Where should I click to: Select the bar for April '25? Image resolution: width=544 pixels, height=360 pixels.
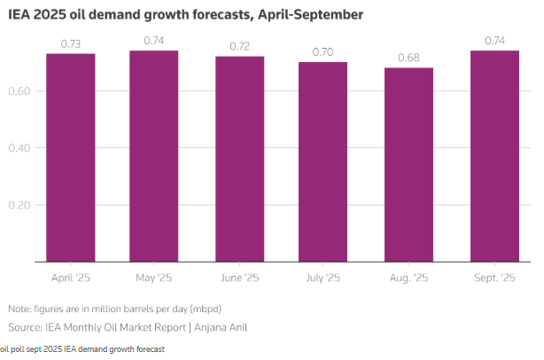[71, 158]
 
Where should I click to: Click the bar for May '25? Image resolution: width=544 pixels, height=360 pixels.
[154, 156]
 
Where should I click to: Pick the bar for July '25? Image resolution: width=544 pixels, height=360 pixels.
[323, 162]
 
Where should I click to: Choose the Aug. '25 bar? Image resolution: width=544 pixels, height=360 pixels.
[408, 165]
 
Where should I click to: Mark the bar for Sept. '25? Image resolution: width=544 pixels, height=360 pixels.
[493, 156]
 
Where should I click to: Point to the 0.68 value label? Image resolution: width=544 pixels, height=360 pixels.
[408, 59]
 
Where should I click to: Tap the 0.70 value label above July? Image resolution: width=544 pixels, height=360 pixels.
[323, 53]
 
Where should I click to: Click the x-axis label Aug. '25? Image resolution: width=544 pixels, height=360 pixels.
[408, 278]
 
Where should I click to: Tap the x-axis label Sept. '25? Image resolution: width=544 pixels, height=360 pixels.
[493, 278]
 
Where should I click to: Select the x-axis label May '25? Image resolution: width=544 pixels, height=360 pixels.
[154, 278]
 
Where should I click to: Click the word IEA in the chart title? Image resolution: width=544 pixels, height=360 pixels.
[19, 15]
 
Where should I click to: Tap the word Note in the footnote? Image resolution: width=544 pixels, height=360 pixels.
[19, 309]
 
